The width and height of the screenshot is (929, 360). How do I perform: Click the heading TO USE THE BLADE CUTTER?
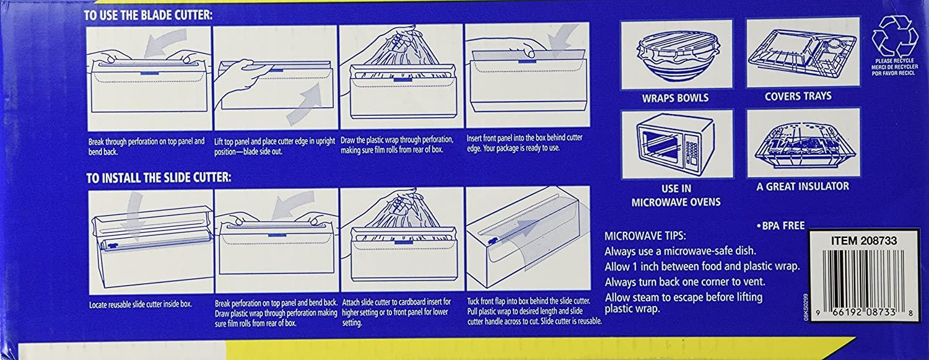pos(148,15)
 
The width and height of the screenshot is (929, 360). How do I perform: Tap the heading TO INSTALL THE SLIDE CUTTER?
pos(159,178)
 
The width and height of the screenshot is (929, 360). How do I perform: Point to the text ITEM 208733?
pos(864,241)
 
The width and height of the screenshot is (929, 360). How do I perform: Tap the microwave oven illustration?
pos(677,144)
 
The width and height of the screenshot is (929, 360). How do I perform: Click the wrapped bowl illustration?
pos(678,55)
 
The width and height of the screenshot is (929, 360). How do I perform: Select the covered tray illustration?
pos(803,53)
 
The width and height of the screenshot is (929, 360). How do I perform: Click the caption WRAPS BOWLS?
pos(676,99)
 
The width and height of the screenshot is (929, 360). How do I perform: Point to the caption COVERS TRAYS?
pos(798,96)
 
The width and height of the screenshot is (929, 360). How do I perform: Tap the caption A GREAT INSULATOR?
pos(803,187)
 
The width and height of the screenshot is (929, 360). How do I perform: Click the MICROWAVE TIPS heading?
pos(645,236)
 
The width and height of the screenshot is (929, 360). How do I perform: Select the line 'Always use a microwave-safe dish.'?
pos(680,252)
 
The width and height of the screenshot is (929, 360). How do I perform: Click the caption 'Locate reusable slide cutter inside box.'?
pos(141,304)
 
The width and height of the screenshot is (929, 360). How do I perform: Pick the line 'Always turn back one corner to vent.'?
pos(685,282)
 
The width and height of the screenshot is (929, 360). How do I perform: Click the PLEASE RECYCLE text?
pos(894,67)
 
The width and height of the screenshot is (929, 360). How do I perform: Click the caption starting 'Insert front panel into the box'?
pos(525,143)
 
